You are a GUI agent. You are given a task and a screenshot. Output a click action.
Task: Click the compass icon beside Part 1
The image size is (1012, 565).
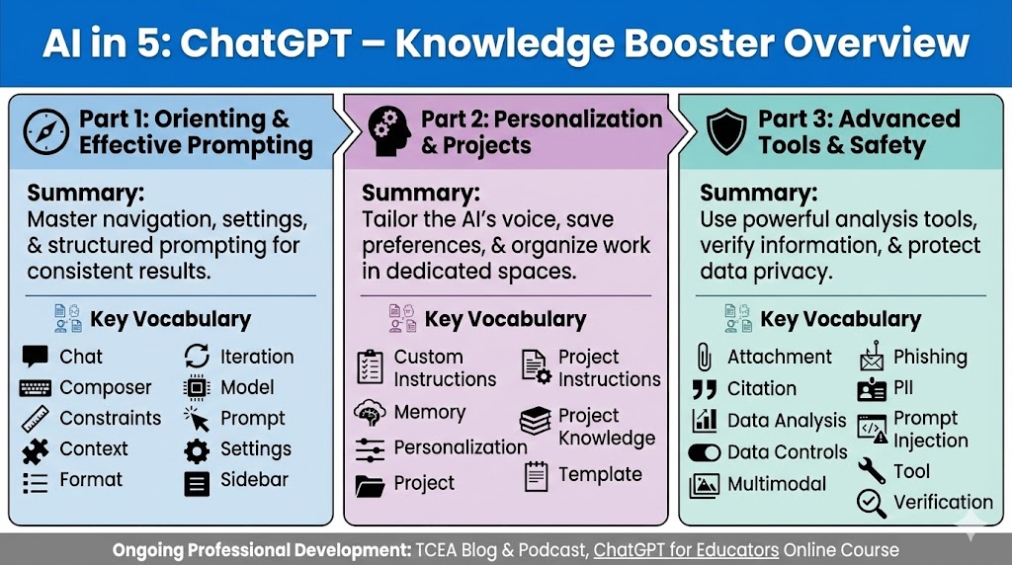45,131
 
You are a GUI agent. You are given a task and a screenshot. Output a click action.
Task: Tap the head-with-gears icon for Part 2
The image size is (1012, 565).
389,131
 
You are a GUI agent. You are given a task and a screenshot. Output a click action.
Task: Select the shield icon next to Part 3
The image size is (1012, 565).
726,131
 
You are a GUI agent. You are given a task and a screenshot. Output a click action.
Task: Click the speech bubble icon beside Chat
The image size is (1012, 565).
35,357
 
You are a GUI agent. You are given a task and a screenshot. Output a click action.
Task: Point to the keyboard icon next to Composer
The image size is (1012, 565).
35,387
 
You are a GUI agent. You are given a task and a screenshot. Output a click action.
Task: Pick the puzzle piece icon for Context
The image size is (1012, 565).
35,450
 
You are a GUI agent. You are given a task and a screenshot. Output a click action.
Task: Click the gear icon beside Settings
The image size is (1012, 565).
197,450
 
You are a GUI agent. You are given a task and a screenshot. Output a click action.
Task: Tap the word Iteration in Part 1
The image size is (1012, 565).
257,357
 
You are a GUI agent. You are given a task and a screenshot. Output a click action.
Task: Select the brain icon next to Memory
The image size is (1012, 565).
370,413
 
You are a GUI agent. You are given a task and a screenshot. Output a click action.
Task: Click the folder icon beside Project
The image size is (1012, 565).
370,485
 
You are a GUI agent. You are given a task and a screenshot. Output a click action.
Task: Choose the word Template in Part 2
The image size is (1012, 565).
600,475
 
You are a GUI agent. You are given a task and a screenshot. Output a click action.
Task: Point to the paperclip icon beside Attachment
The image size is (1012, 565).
704,357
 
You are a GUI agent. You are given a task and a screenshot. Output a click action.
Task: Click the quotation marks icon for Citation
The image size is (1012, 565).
704,389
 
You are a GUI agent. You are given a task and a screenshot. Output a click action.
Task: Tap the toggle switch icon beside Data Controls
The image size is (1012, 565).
704,452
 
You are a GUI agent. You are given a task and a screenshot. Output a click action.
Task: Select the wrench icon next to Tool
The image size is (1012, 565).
872,471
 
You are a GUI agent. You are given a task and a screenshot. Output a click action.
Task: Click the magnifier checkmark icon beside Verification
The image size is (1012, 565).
872,503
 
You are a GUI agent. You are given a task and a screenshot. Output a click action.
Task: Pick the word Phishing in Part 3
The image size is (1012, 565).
930,357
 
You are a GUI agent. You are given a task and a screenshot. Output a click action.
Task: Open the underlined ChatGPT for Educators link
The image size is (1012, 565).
686,550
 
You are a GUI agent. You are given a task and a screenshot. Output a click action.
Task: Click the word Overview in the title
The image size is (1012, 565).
877,42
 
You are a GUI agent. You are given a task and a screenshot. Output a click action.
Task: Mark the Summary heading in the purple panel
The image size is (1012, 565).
421,193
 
